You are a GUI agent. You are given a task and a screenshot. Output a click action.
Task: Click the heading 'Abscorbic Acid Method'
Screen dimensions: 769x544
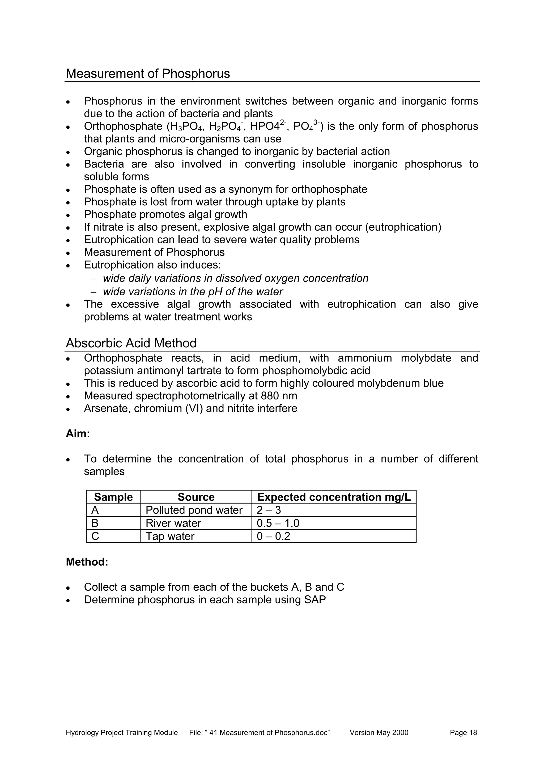tap(131, 343)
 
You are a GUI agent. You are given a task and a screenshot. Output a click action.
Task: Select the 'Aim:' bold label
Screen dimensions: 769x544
tap(78, 434)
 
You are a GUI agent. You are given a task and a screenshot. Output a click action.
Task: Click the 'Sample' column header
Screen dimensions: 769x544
tap(113, 497)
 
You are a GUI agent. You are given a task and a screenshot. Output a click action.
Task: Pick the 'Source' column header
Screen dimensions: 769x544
tap(196, 497)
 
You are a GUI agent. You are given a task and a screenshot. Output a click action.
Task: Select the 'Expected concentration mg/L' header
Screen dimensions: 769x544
tap(334, 497)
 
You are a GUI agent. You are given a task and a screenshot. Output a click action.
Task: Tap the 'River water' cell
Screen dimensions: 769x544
tap(173, 523)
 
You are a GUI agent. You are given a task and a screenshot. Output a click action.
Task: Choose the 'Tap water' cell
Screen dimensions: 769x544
tap(170, 536)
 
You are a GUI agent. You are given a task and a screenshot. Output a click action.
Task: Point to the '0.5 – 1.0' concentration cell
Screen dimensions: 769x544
tap(278, 523)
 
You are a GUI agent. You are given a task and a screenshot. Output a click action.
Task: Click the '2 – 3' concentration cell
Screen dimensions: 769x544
tap(269, 510)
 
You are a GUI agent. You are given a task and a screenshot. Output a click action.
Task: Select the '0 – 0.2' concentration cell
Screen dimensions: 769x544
tap(273, 536)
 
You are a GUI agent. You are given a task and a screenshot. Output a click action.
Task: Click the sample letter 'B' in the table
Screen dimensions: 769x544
tap(95, 523)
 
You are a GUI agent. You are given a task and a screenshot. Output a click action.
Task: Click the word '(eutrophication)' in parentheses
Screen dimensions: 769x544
tap(403, 227)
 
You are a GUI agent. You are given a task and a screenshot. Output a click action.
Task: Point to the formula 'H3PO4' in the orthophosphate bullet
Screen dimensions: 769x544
tap(184, 127)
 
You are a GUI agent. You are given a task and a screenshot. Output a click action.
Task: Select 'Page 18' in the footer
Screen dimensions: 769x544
tap(463, 732)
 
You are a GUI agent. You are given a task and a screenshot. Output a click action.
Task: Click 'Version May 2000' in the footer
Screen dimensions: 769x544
tap(379, 732)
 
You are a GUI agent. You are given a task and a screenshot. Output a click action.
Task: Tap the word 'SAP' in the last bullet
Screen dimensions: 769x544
tap(315, 599)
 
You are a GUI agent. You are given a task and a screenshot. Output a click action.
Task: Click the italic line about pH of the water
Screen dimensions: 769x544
tap(193, 292)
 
